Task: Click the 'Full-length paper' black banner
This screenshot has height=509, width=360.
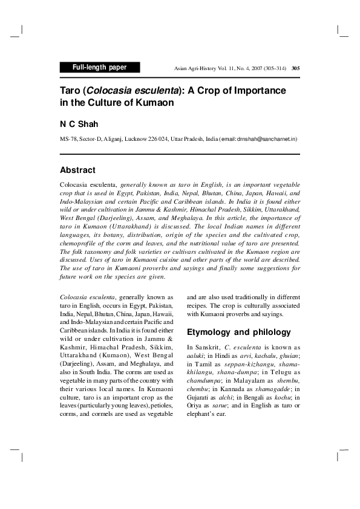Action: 100,68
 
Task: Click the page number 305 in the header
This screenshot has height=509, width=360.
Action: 295,68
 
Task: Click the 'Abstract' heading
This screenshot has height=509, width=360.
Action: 77,170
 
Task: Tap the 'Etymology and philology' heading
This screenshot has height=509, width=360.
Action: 231,332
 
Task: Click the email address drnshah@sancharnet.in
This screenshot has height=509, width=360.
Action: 267,139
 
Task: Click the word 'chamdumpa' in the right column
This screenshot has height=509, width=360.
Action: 203,381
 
